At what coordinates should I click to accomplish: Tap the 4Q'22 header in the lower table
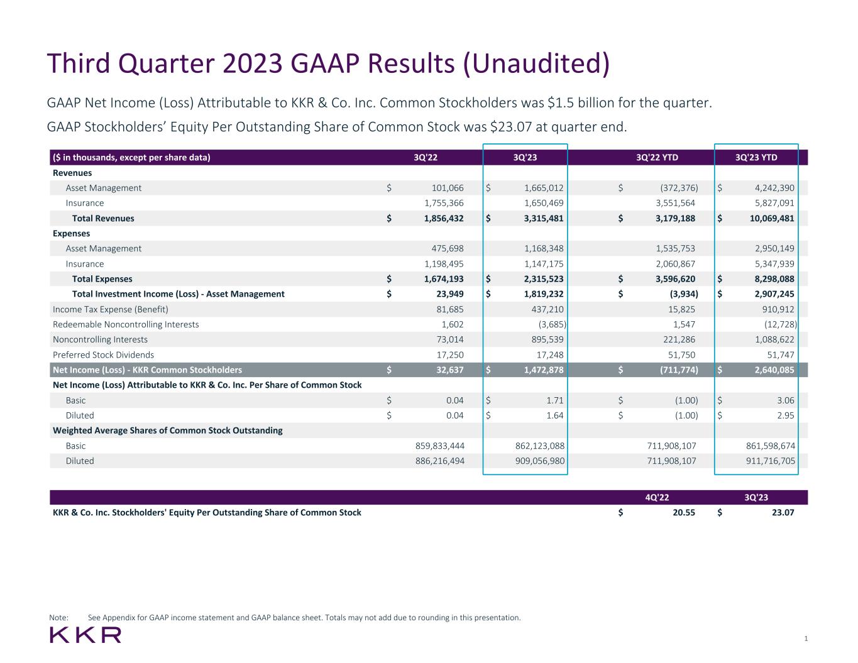coord(657,498)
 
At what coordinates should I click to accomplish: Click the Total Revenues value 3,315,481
coord(544,219)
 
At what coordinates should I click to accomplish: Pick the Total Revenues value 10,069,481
coord(769,219)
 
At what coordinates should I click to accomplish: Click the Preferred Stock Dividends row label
coord(103,355)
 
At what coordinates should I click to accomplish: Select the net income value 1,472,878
coord(544,370)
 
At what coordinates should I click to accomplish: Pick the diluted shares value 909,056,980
coord(536,461)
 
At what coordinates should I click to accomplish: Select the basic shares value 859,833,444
coord(436,446)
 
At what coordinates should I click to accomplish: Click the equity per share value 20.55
coord(683,513)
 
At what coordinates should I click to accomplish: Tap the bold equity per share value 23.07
coord(783,513)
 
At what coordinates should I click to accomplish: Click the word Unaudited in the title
coord(536,63)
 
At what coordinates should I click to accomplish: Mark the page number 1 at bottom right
coord(806,639)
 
